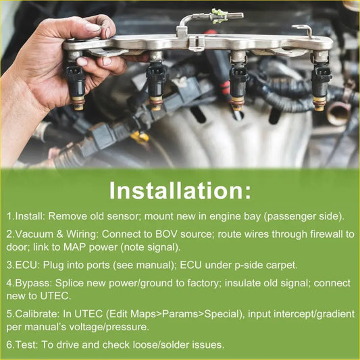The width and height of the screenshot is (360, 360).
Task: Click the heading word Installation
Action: (x=177, y=191)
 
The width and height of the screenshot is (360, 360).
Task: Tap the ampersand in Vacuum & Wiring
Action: (x=59, y=234)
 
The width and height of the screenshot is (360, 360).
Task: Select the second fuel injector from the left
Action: (x=156, y=81)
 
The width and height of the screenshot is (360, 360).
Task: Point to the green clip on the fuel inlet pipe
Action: (x=220, y=16)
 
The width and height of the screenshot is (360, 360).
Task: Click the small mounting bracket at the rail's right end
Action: (x=303, y=30)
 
